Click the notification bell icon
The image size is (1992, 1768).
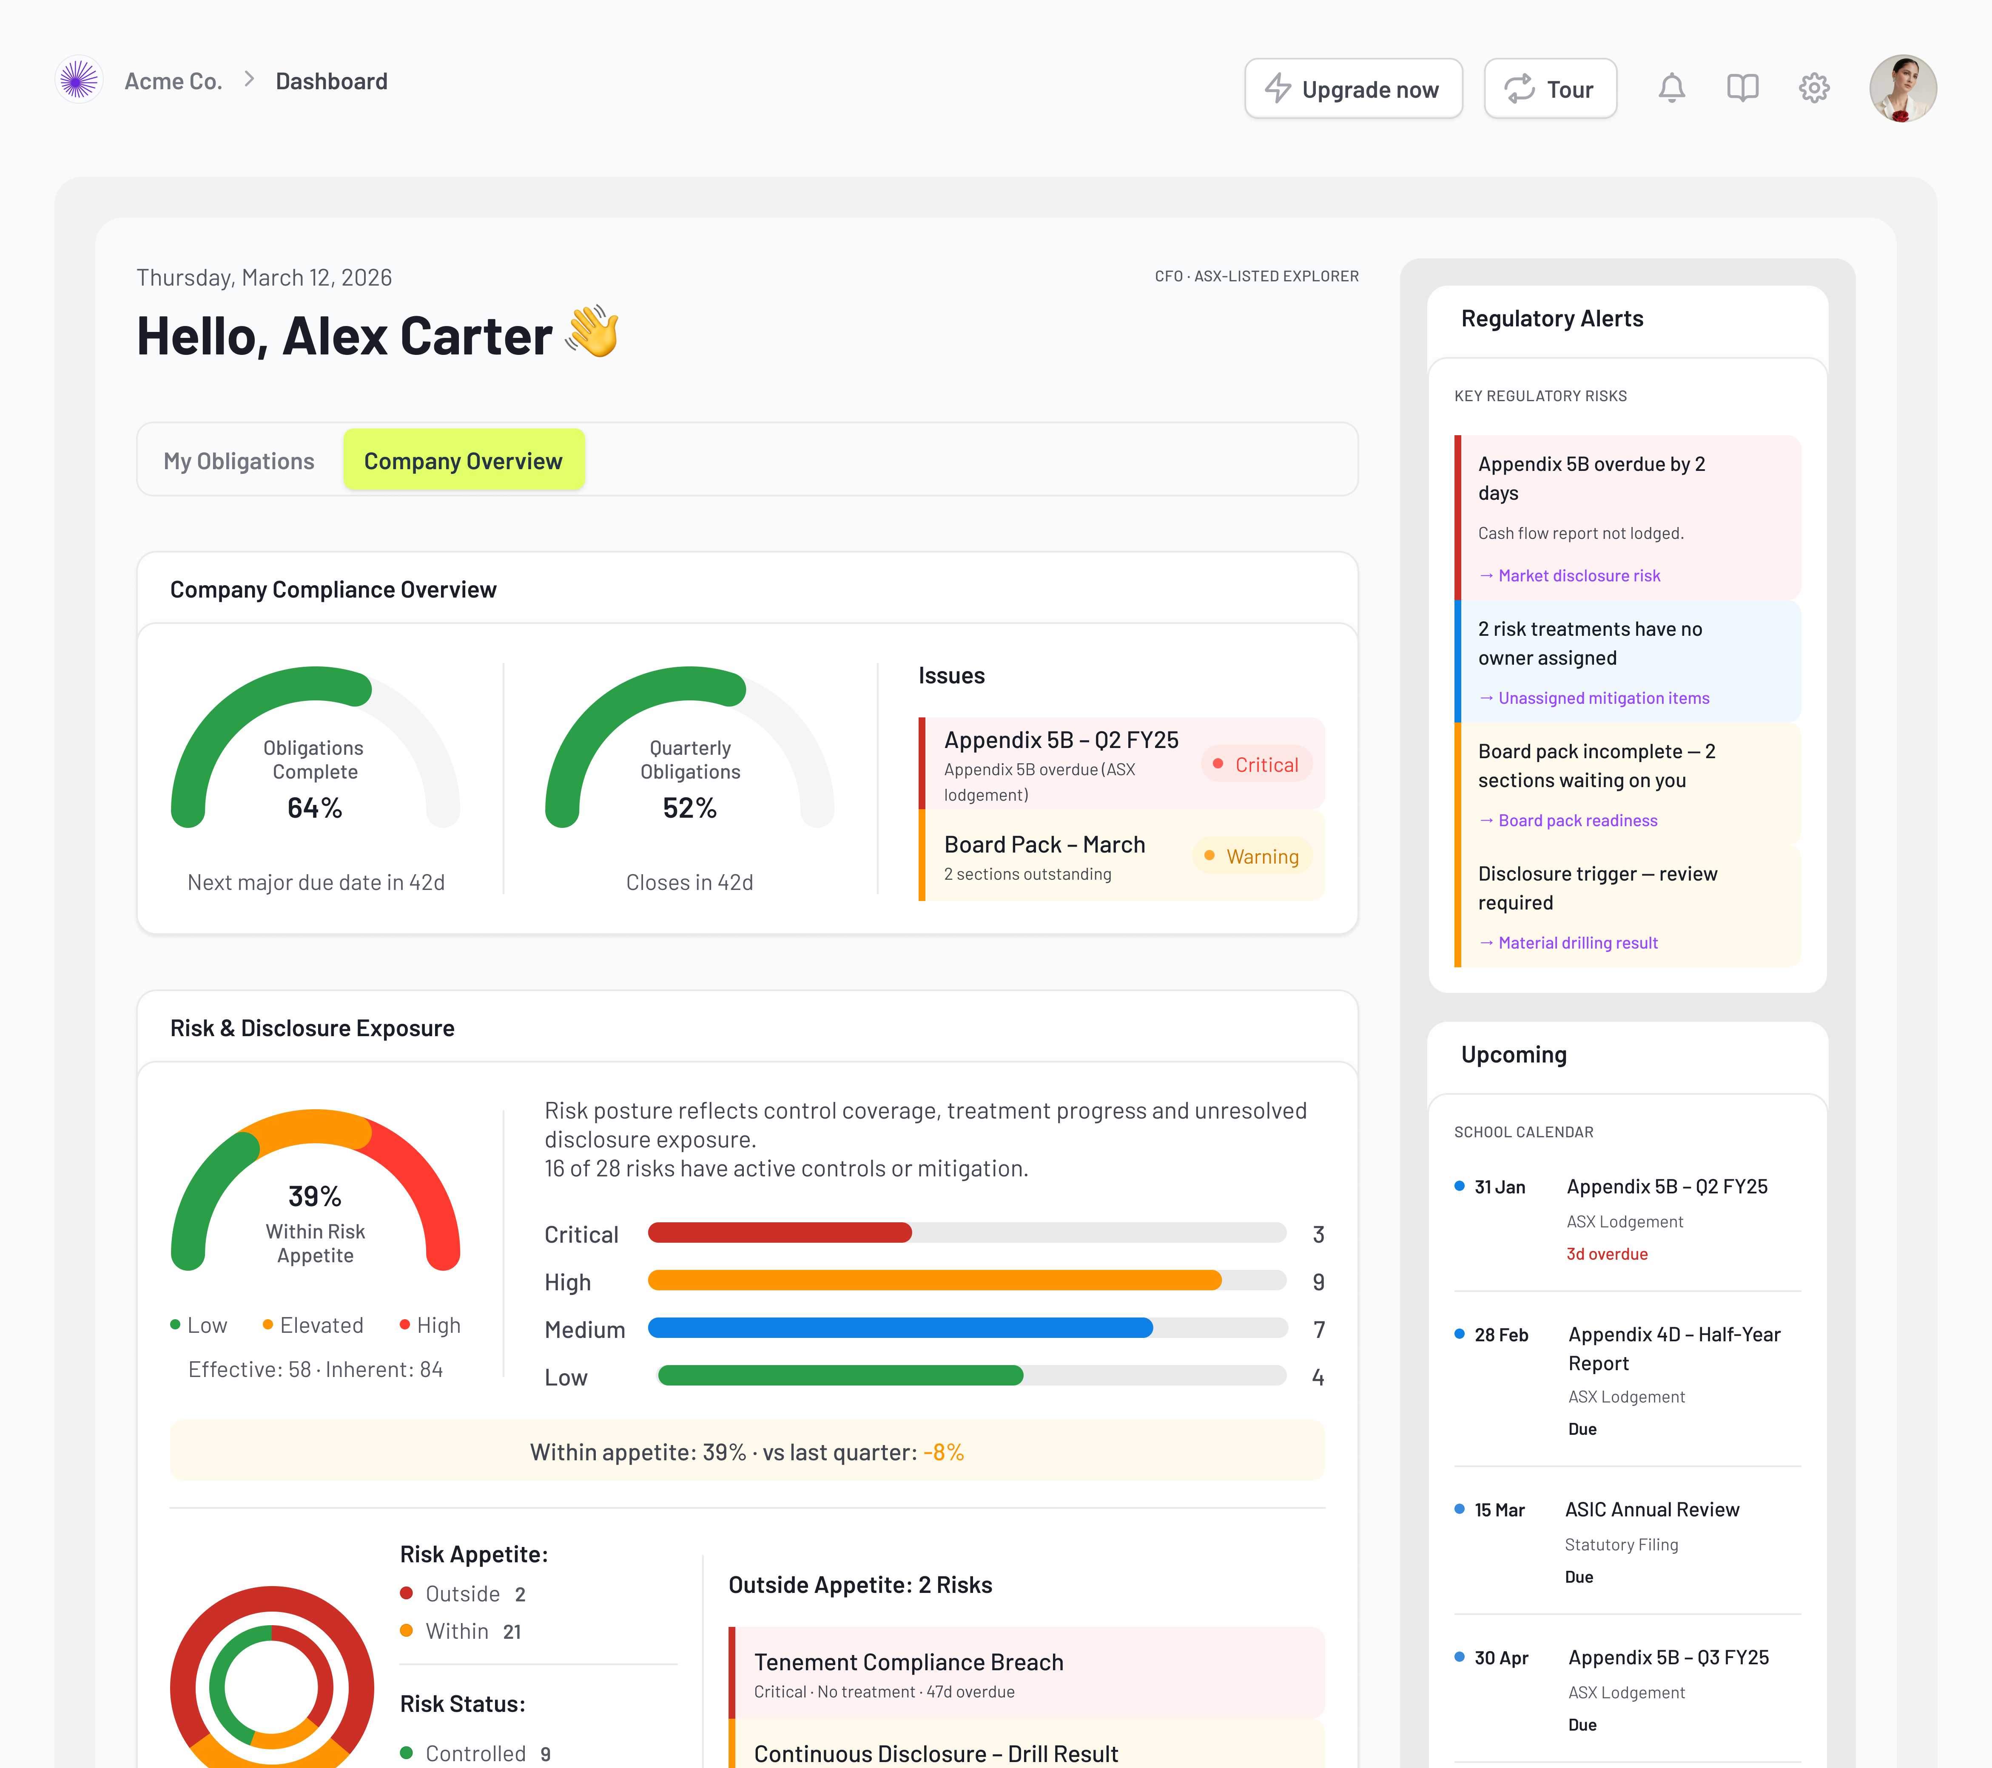click(x=1671, y=89)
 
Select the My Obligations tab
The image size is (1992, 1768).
click(x=239, y=461)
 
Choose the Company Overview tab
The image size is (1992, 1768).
click(x=463, y=461)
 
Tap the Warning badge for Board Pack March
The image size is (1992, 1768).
click(x=1252, y=856)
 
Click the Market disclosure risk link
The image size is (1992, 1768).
click(x=1578, y=576)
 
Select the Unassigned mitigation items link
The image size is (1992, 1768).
click(x=1602, y=698)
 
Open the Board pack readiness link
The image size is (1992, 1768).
click(x=1577, y=820)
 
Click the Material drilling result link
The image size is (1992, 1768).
click(x=1577, y=943)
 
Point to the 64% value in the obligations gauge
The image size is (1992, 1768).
click(x=315, y=807)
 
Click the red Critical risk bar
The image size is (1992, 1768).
click(x=780, y=1233)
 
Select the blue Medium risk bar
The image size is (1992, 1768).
click(x=899, y=1328)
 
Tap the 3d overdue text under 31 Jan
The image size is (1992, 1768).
click(x=1606, y=1254)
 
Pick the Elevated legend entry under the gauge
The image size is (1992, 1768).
click(x=313, y=1325)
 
